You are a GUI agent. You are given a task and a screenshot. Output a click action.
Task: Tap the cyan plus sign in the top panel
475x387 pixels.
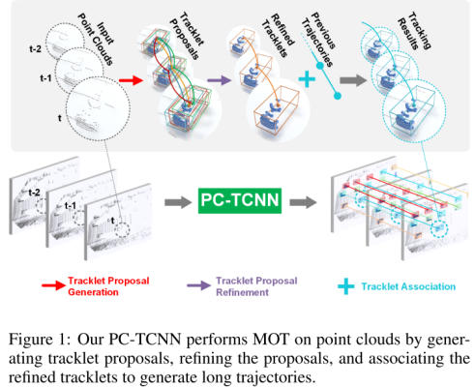pyautogui.click(x=307, y=83)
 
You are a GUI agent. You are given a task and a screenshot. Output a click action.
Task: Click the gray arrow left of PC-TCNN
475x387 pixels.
pyautogui.click(x=174, y=203)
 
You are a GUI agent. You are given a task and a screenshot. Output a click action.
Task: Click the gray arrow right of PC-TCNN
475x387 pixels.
pyautogui.click(x=302, y=203)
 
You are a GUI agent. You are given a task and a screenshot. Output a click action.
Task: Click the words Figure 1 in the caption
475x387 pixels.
pyautogui.click(x=40, y=342)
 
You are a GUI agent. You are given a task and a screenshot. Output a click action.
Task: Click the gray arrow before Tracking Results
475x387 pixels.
pyautogui.click(x=355, y=83)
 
